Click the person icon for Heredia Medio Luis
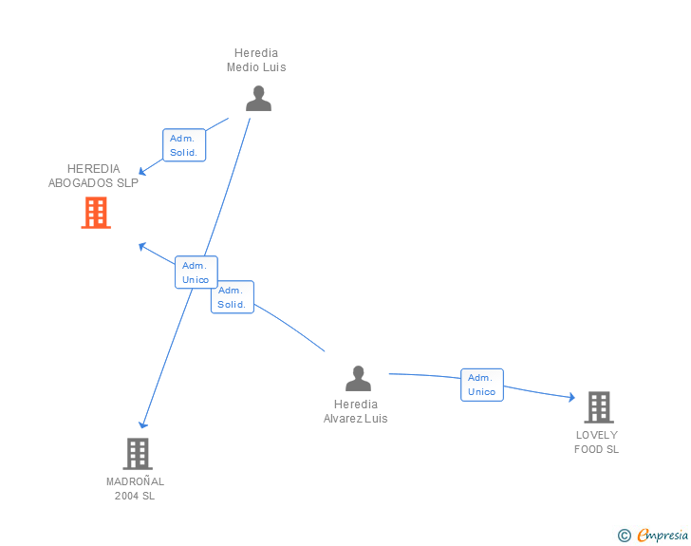[258, 99]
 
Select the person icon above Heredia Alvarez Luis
[358, 379]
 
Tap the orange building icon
[96, 213]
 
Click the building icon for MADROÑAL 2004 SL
[138, 453]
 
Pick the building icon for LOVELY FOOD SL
[598, 407]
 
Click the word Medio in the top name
[243, 67]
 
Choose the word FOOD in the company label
[588, 450]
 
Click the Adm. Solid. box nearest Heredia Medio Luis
[183, 145]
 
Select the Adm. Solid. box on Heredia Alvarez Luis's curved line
[232, 297]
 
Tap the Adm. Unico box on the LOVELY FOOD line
[481, 385]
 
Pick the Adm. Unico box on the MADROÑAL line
[196, 273]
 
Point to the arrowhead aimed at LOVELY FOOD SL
[570, 398]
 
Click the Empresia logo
[662, 536]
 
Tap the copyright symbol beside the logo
[624, 536]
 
